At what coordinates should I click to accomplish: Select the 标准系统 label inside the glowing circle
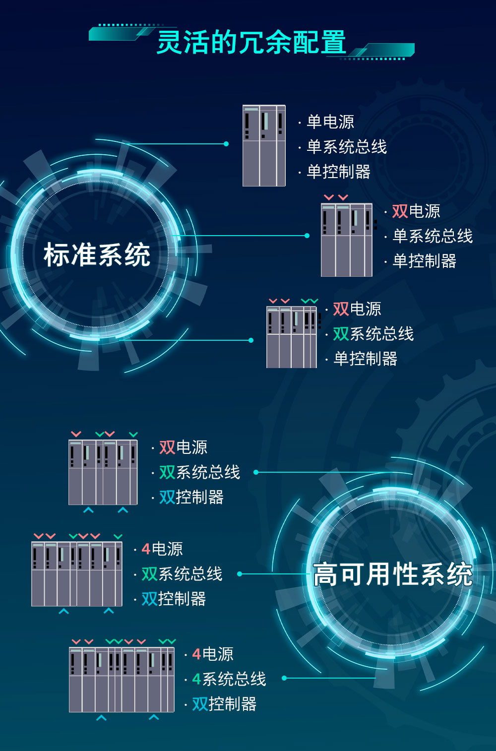[97, 255]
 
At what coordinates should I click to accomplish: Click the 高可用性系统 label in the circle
[393, 574]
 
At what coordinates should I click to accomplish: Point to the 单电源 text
[330, 122]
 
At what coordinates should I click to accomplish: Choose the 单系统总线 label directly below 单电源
[347, 146]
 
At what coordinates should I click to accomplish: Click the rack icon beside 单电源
[264, 145]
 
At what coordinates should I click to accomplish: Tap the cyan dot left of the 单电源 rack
[226, 144]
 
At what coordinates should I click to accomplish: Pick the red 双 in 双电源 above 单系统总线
[400, 211]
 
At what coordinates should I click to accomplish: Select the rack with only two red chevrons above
[347, 240]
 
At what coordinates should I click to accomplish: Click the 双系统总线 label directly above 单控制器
[373, 334]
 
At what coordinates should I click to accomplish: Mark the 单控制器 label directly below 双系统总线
[365, 359]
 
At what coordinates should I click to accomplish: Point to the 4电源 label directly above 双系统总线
[162, 549]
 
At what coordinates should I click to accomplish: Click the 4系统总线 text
[229, 679]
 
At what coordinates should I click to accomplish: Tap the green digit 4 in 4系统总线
[196, 679]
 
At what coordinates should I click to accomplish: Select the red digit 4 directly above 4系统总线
[196, 654]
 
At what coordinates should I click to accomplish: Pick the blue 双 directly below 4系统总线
[200, 704]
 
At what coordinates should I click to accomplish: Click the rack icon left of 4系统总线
[122, 680]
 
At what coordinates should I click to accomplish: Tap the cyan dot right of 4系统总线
[284, 678]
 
